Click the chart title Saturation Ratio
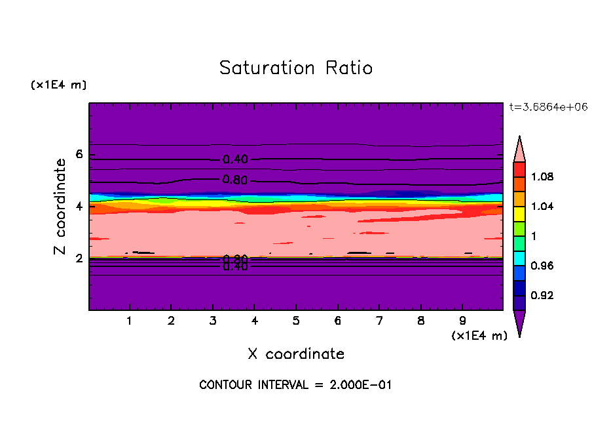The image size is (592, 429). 296,68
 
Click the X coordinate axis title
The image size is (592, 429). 296,354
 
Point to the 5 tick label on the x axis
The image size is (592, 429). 296,321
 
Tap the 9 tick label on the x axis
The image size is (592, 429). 462,321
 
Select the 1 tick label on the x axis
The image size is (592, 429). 130,321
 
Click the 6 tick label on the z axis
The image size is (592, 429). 80,155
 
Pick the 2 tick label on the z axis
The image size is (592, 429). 80,258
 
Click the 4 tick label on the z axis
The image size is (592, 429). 80,207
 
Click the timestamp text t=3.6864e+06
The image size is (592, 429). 543,106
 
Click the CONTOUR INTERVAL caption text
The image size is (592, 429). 295,385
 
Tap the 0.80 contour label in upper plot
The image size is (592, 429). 235,180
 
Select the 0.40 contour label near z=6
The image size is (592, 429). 235,159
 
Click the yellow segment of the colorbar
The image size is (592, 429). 519,213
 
